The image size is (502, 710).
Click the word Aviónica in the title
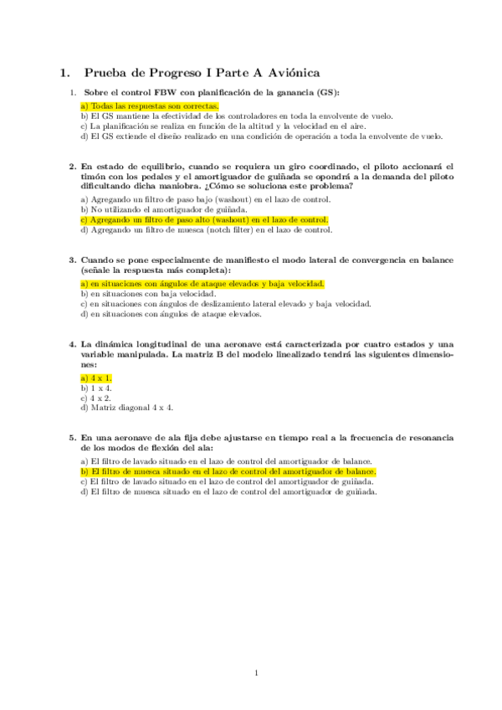tap(289, 74)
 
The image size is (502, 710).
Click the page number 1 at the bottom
tap(257, 672)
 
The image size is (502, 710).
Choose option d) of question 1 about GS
tap(261, 136)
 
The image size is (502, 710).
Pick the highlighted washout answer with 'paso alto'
tap(204, 219)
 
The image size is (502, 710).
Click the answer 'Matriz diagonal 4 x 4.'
tap(126, 408)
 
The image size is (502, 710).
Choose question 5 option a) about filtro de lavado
tap(226, 462)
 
